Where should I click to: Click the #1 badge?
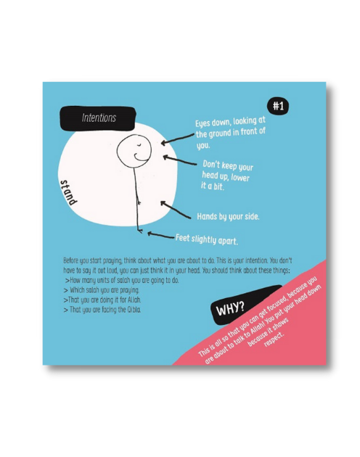[278, 106]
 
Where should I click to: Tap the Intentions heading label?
[98, 118]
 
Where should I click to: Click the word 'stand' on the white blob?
[68, 193]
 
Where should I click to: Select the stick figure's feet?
[140, 231]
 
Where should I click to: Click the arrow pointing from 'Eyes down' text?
[177, 139]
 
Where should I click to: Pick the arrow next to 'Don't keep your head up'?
[179, 160]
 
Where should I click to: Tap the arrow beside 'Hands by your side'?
[176, 210]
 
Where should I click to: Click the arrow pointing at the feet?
[160, 235]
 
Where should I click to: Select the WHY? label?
[230, 308]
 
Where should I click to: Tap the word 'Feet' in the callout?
[182, 237]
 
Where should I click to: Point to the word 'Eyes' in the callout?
[202, 123]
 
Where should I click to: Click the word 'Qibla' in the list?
[134, 310]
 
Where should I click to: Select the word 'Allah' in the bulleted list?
[134, 300]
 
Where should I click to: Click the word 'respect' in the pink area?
[274, 339]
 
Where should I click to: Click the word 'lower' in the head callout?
[240, 178]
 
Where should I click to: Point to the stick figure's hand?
[139, 202]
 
